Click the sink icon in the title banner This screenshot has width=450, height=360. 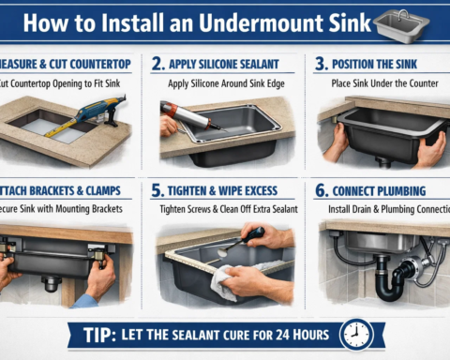click(x=401, y=25)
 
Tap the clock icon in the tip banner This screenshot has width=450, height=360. click(x=355, y=335)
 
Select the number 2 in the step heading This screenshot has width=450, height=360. click(x=159, y=65)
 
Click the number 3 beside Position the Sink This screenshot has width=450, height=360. click(x=321, y=65)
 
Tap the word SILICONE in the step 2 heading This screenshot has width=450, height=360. click(x=220, y=65)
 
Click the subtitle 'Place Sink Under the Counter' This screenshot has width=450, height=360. click(x=381, y=82)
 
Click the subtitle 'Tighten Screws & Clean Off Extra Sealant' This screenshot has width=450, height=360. click(x=228, y=208)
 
